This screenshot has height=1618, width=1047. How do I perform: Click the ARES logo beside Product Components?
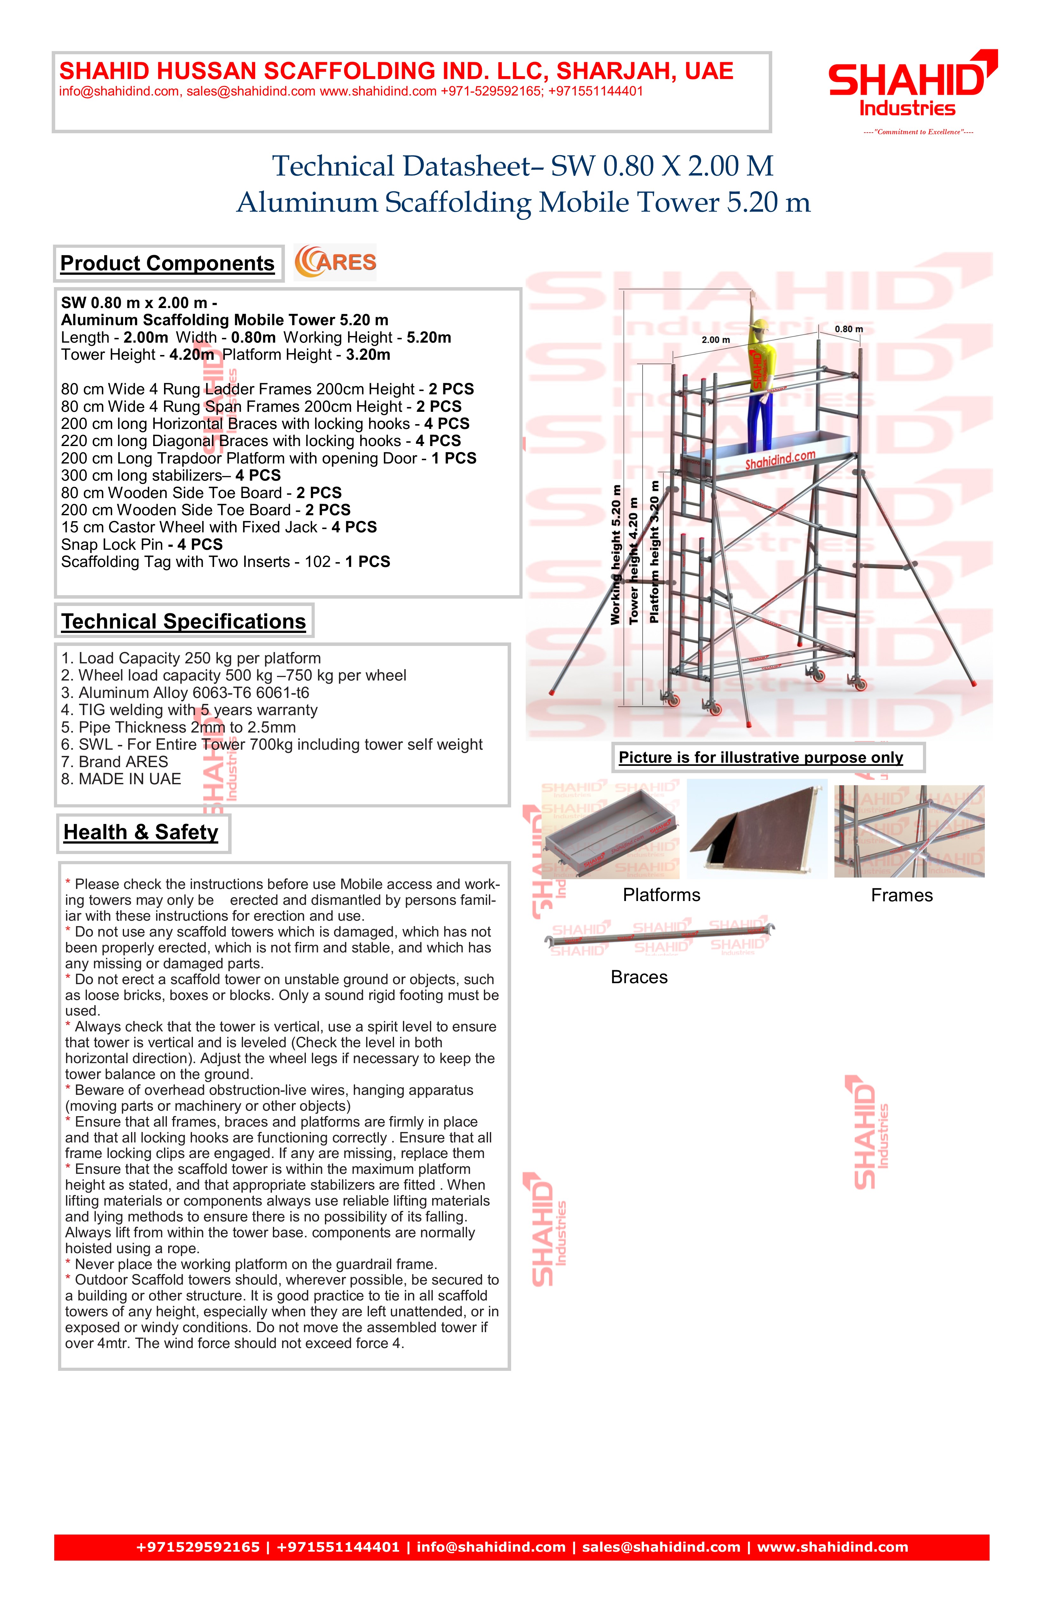335,262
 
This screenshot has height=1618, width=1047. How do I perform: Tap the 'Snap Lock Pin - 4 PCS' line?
142,544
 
